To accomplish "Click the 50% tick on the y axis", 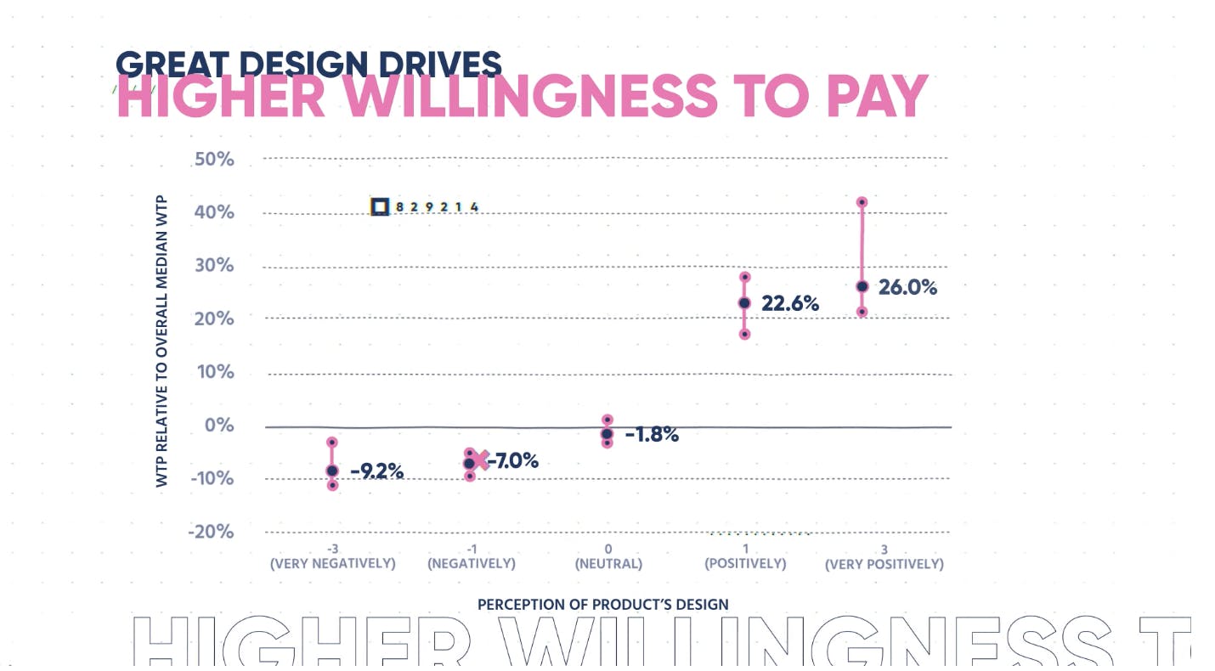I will [x=213, y=159].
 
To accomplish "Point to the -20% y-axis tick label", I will [x=211, y=532].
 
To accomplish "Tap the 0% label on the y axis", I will [x=218, y=426].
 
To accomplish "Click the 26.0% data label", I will [x=907, y=287].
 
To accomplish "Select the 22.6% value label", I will [x=790, y=303].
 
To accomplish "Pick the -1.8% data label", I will [x=652, y=435].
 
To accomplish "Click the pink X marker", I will [x=482, y=460].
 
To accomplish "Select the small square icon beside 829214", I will [x=380, y=206].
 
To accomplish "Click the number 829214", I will [x=438, y=207].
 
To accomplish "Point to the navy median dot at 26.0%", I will [x=862, y=286].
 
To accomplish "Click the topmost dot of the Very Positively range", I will [x=862, y=202].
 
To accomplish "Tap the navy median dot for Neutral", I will [x=607, y=434].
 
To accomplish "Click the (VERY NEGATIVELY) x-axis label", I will [x=332, y=564].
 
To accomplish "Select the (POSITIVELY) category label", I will [x=745, y=564].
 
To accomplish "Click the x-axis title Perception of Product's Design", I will [x=602, y=605].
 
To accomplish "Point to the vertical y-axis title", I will [x=162, y=341].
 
